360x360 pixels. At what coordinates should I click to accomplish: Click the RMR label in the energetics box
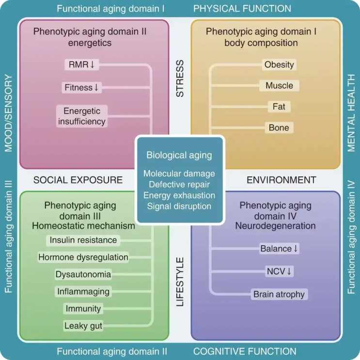point(82,64)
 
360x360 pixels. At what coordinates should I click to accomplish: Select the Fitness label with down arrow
point(81,88)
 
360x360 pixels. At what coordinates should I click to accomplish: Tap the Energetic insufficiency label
point(82,116)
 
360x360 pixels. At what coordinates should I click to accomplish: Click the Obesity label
point(279,64)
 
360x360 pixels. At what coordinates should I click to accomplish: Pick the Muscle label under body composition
point(279,86)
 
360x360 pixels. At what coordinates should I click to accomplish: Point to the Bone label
point(279,127)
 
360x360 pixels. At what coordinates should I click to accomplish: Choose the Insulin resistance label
point(83,240)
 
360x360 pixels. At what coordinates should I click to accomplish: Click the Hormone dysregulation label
point(83,257)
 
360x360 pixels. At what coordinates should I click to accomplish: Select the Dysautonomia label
point(83,274)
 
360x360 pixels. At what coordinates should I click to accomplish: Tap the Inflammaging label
point(83,292)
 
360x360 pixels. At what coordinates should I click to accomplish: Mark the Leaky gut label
point(83,326)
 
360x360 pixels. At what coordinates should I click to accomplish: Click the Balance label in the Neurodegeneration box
point(279,249)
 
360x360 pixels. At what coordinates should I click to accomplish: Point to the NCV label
point(279,271)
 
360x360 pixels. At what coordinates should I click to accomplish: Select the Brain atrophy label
point(279,294)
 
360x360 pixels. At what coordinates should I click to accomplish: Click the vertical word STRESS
point(180,78)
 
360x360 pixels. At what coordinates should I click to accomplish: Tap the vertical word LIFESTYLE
point(180,282)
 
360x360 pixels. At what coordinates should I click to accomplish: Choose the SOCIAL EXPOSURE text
point(78,180)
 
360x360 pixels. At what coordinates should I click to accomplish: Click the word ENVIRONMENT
point(282,180)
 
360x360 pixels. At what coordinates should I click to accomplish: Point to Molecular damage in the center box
point(179,173)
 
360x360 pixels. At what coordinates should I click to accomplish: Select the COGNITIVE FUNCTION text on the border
point(245,351)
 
